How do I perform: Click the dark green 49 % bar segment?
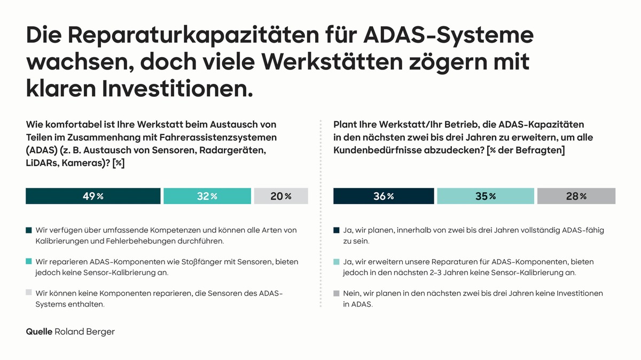point(93,196)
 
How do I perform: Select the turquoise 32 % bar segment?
point(207,196)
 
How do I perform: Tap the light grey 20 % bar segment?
point(281,196)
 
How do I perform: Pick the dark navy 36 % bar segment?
point(384,196)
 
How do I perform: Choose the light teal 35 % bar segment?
point(485,196)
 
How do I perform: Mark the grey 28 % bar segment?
point(576,196)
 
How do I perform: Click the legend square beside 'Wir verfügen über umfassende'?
point(29,231)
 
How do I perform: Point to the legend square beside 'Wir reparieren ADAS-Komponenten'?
point(29,262)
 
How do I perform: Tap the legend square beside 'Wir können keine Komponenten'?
point(29,294)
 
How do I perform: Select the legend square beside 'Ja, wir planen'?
point(337,231)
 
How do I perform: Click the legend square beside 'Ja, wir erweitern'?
point(337,262)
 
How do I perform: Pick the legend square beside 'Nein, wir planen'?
point(337,294)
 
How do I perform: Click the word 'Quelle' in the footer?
point(39,332)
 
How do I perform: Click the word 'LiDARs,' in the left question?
point(44,163)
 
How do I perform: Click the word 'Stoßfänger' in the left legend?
point(168,262)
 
